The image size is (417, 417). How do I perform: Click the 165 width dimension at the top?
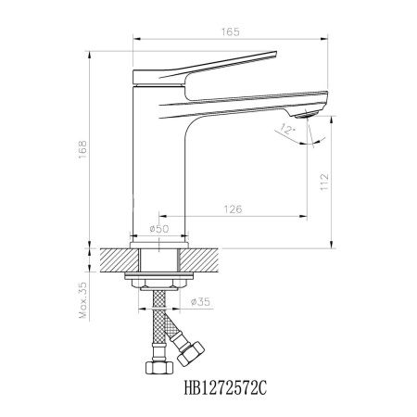tap(232, 32)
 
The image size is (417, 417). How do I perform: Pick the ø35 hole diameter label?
tap(203, 301)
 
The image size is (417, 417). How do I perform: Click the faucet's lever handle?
tap(208, 64)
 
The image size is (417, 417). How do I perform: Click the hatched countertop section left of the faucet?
tap(113, 260)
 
